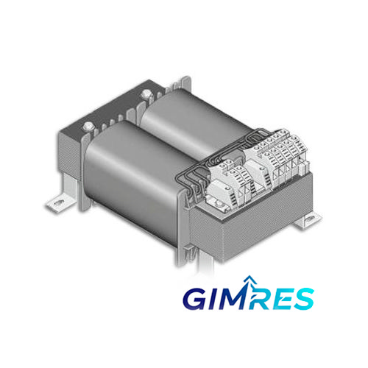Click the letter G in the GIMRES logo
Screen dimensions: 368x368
point(197,299)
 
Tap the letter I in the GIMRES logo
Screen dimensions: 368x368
point(216,299)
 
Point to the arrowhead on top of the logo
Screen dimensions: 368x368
point(250,279)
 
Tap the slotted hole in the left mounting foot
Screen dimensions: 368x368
point(58,203)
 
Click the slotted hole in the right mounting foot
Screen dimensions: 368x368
point(310,220)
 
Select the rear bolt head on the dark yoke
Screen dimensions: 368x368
point(146,93)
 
